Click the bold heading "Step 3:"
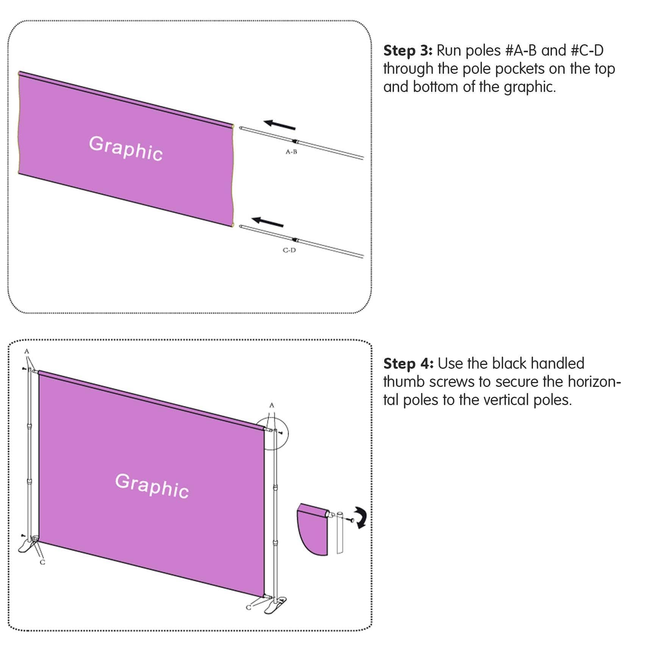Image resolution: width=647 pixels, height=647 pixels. click(x=408, y=51)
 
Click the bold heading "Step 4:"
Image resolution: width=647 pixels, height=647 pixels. click(x=408, y=364)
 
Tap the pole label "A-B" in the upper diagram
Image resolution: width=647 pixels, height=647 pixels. click(x=291, y=152)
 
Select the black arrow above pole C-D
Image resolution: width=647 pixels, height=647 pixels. click(x=268, y=222)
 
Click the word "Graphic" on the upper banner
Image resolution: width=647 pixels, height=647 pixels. click(x=126, y=149)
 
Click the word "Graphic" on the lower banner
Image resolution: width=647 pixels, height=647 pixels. click(x=152, y=486)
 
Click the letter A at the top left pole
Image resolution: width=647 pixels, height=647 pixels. click(x=27, y=351)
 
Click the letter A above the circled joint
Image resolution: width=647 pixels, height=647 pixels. click(x=272, y=405)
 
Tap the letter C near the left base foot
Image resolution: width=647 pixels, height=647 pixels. click(x=42, y=563)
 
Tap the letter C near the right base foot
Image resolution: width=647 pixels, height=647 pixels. click(x=248, y=607)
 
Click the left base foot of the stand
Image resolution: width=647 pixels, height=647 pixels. click(x=27, y=546)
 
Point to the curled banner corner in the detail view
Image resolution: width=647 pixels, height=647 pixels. click(x=312, y=529)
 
